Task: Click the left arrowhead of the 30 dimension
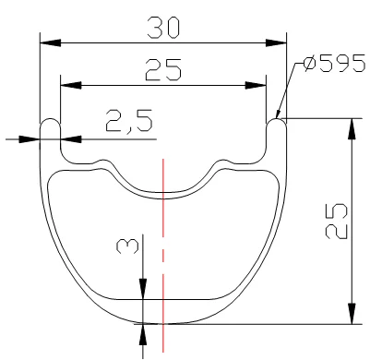coord(48,42)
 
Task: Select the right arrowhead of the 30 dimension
coord(279,42)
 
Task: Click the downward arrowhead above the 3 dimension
coord(144,292)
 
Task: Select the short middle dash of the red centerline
coord(162,253)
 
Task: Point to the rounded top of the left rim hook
coord(50,119)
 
